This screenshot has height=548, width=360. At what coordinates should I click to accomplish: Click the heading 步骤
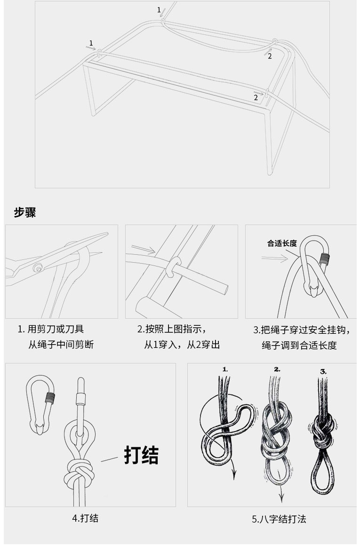coord(25,212)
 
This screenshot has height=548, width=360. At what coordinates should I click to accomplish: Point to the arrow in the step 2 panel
coord(143,249)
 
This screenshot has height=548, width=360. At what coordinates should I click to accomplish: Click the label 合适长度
coord(282,243)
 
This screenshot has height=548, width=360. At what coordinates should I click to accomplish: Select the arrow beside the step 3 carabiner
coord(275,258)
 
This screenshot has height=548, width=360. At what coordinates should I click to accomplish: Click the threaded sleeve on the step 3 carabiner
coord(325,258)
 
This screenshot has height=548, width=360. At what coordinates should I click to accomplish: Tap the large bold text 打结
coord(141,455)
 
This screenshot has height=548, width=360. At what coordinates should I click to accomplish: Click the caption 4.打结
coord(85,518)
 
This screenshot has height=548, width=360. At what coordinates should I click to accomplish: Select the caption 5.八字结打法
coord(279,519)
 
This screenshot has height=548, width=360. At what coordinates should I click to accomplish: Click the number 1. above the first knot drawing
coord(225,369)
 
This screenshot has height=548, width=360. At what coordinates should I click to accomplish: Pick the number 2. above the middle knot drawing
coord(277,369)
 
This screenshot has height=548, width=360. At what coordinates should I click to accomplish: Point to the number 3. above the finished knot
coord(323,371)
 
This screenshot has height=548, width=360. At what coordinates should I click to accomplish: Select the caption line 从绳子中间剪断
coord(61,345)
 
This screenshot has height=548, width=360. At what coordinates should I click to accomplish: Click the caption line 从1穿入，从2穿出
coord(182,345)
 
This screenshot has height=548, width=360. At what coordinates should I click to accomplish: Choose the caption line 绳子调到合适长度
coord(299,345)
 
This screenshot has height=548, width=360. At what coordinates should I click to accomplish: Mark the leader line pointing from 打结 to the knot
coord(109,459)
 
